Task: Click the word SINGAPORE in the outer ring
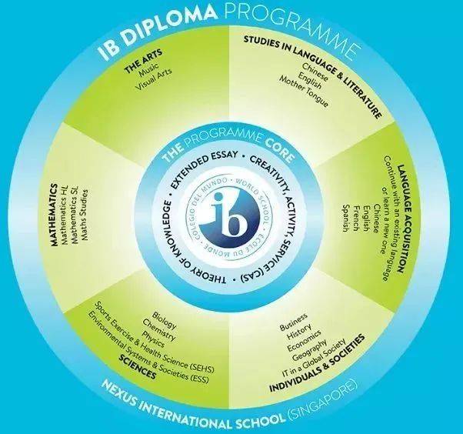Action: coord(328,409)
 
